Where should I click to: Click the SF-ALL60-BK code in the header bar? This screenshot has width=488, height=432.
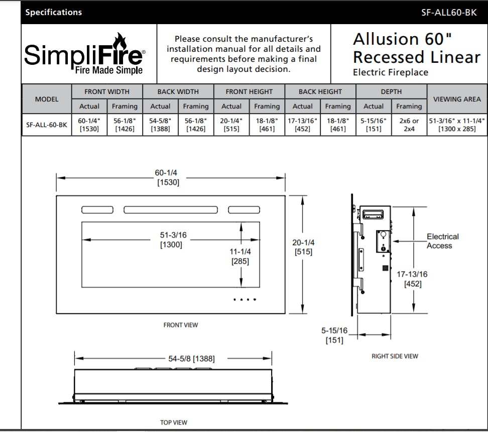pyautogui.click(x=449, y=13)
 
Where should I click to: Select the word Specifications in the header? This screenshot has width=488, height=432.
pyautogui.click(x=54, y=13)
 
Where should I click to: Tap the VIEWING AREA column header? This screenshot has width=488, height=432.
pyautogui.click(x=457, y=99)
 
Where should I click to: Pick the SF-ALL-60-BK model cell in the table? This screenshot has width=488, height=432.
pyautogui.click(x=46, y=125)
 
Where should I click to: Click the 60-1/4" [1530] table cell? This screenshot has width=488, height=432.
pyautogui.click(x=89, y=125)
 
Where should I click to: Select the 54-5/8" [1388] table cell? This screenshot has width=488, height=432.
pyautogui.click(x=160, y=125)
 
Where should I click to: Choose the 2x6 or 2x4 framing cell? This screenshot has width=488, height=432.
pyautogui.click(x=409, y=125)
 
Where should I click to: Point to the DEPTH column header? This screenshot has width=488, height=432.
pyautogui.click(x=391, y=91)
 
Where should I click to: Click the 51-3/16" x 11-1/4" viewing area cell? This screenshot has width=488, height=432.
pyautogui.click(x=457, y=125)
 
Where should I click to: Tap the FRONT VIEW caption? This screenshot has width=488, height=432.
pyautogui.click(x=181, y=325)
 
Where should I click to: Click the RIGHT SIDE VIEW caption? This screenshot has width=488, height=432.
pyautogui.click(x=395, y=356)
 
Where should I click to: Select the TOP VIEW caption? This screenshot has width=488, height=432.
pyautogui.click(x=174, y=422)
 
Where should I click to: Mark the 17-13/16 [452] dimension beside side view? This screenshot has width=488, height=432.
pyautogui.click(x=413, y=279)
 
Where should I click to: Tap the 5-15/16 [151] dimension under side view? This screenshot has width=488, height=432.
pyautogui.click(x=334, y=336)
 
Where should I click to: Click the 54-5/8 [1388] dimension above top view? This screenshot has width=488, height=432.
pyautogui.click(x=191, y=359)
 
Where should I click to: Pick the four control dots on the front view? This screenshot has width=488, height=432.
pyautogui.click(x=245, y=300)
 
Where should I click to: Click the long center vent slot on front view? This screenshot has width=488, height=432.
pyautogui.click(x=171, y=209)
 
